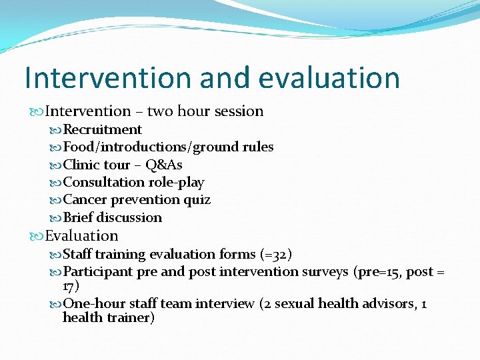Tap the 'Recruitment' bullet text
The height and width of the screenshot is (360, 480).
pos(102,129)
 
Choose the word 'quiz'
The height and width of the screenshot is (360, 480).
pos(197,199)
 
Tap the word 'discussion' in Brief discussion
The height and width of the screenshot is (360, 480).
pos(129,217)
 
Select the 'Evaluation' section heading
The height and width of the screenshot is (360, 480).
pos(81,236)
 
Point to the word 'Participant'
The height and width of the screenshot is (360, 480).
pos(98,271)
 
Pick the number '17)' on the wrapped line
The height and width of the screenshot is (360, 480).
pos(71,285)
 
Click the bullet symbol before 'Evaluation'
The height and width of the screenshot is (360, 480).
pos(37,236)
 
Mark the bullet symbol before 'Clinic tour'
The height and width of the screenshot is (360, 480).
pos(56,165)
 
